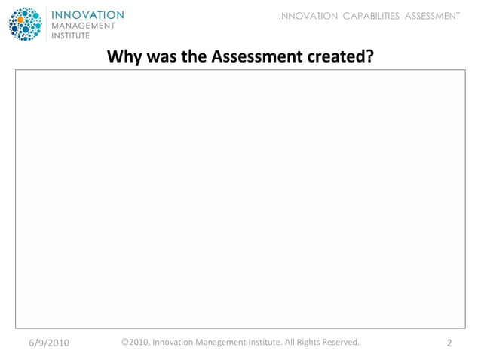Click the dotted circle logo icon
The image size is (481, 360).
tap(26, 24)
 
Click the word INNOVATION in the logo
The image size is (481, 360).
tap(87, 14)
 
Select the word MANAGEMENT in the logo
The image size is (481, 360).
tap(83, 25)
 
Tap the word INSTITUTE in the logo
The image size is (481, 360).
tap(71, 35)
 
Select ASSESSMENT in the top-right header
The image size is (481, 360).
tap(432, 16)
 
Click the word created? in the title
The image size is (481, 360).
tap(336, 56)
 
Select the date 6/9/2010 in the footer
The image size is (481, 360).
tap(49, 343)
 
